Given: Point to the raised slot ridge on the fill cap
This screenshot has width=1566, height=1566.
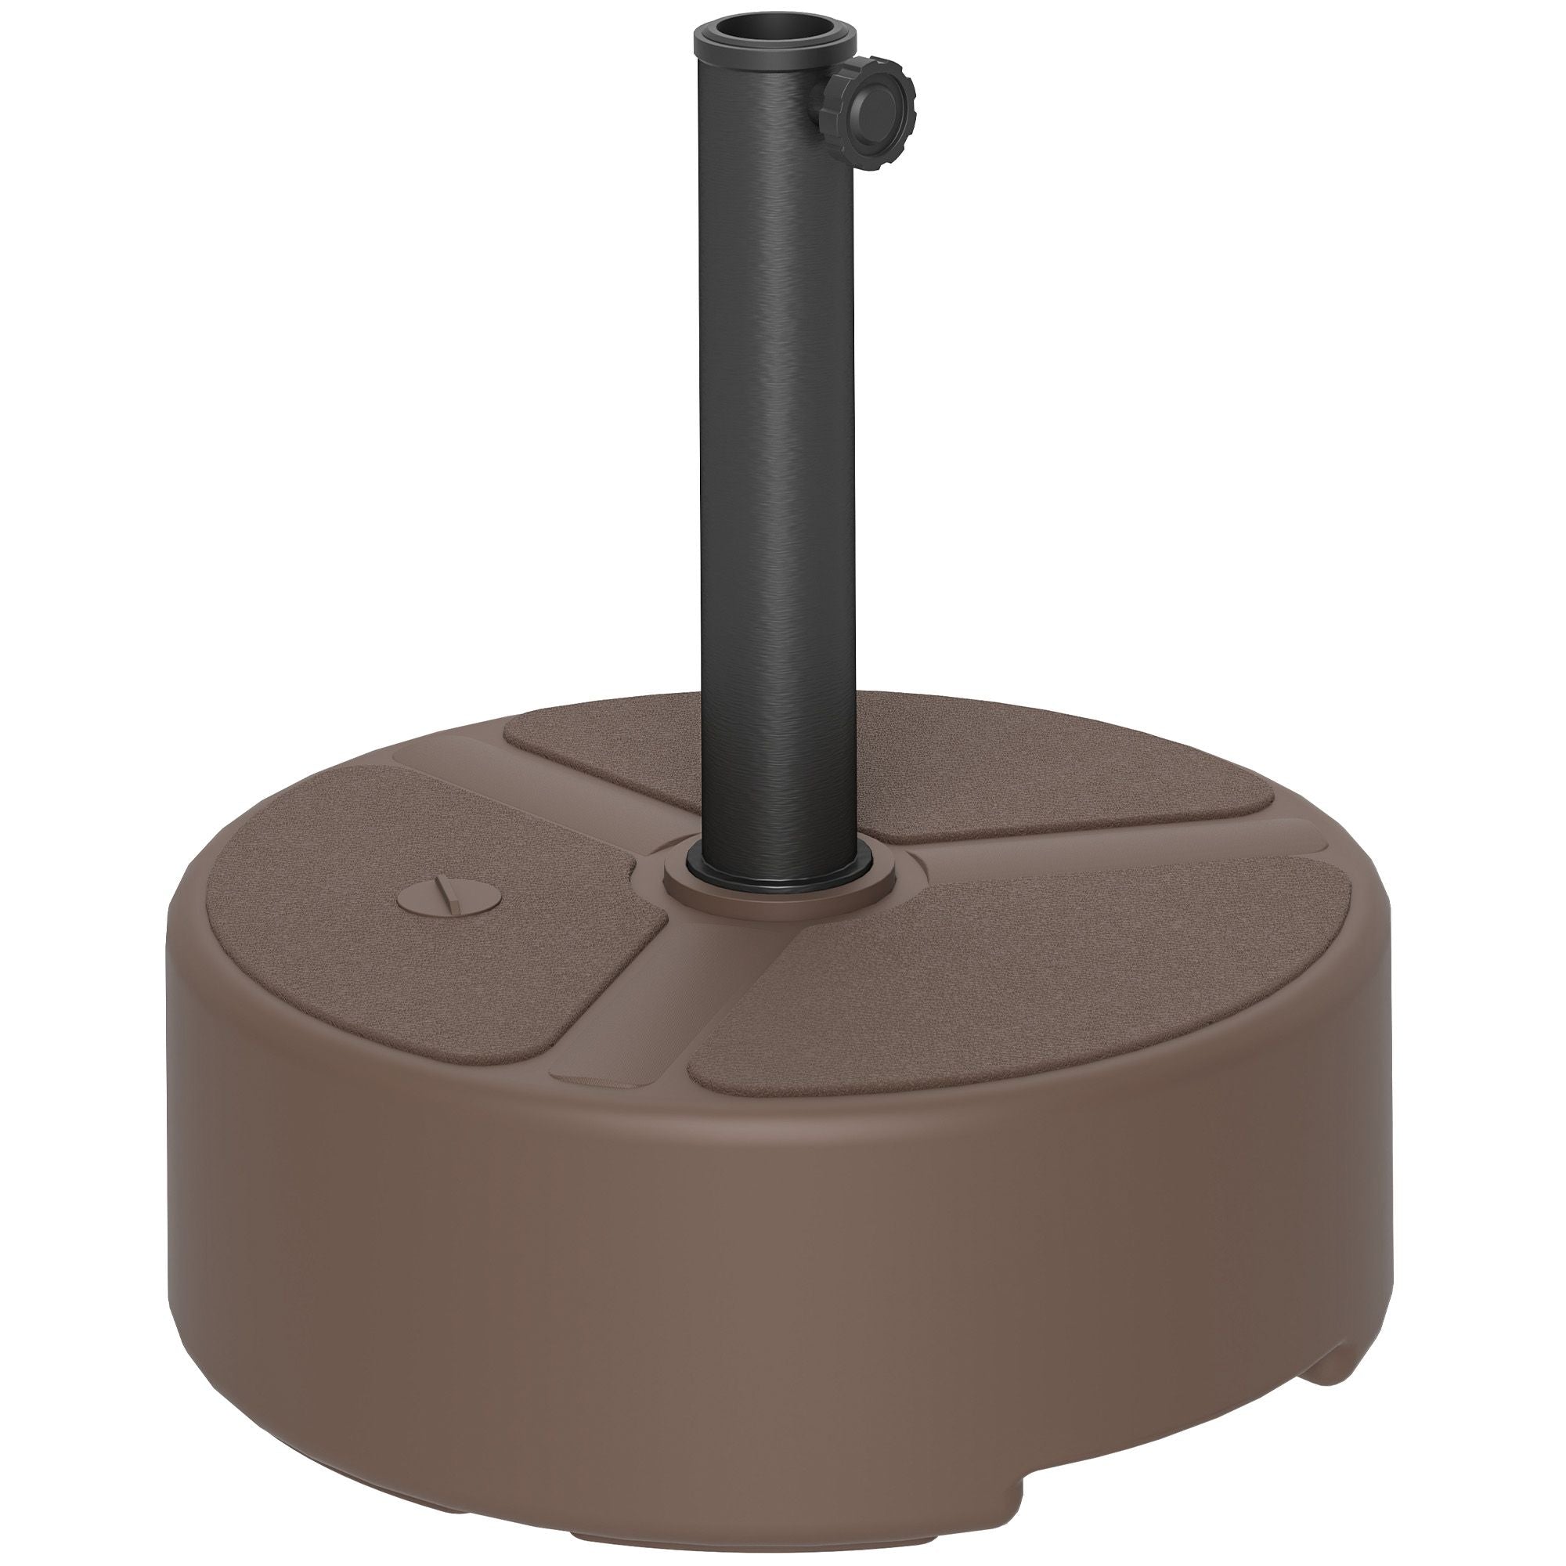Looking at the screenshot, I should click(x=445, y=898).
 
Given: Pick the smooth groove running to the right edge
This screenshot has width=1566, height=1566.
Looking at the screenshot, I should click(x=1135, y=843).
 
